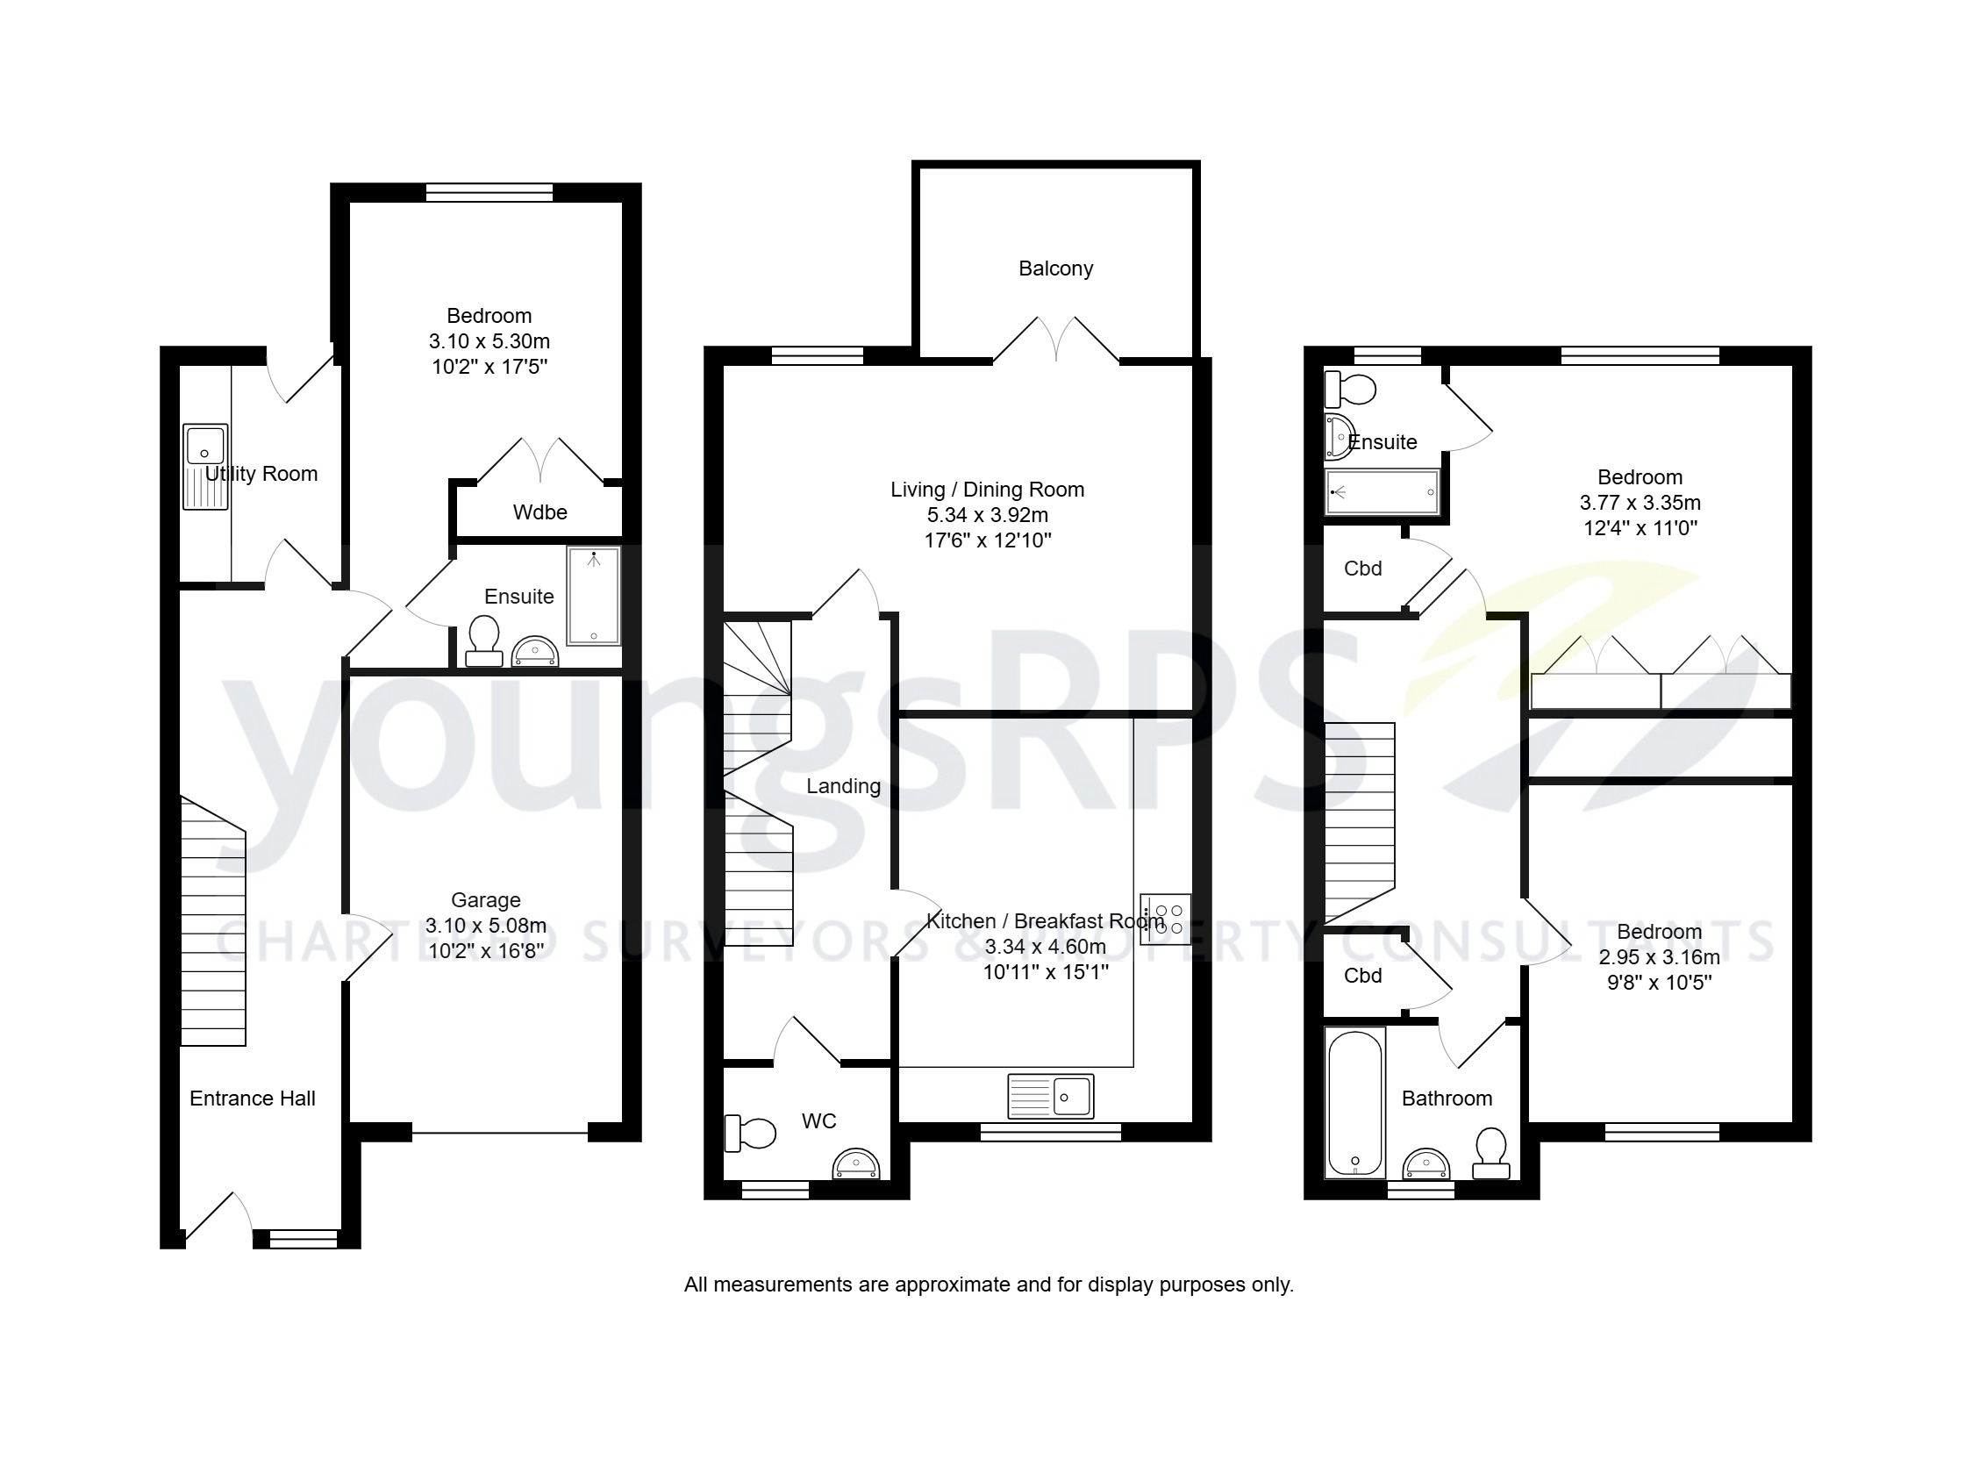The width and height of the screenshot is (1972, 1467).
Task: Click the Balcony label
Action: click(1054, 268)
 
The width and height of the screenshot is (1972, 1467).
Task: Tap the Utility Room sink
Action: click(205, 466)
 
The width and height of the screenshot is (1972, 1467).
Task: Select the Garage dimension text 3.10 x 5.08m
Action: click(486, 926)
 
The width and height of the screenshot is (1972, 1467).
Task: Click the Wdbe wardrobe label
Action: click(539, 512)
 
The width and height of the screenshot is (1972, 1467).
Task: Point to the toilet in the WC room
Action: click(751, 1133)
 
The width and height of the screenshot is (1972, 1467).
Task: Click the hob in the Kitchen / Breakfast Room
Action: click(1165, 920)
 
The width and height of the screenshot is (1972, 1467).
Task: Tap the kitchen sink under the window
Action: click(1050, 1096)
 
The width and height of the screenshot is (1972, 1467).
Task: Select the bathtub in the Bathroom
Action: click(1354, 1102)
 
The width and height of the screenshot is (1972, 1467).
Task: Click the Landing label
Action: click(843, 786)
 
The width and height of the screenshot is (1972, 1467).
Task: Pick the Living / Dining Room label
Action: click(988, 490)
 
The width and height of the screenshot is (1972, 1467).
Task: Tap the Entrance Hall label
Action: click(252, 1098)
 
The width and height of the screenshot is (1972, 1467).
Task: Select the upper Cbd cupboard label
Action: click(1362, 569)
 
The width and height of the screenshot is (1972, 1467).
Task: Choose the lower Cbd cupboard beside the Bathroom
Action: click(1362, 976)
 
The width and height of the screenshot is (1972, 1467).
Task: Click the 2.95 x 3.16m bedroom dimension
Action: click(1659, 957)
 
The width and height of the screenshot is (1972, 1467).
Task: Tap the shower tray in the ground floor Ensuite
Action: click(593, 595)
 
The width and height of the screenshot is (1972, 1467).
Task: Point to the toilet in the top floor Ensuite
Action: click(1349, 389)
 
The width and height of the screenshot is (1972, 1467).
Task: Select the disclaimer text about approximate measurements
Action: click(989, 1285)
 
